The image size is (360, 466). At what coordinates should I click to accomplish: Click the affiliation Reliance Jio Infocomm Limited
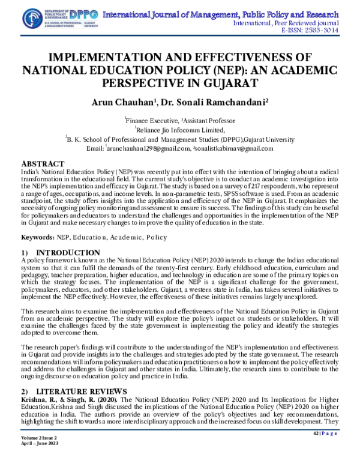point(180,129)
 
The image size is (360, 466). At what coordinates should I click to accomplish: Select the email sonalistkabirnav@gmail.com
point(235,148)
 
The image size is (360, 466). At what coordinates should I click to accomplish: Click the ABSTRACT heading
point(43,164)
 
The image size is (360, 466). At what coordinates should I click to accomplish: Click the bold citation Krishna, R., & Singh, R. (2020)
point(61,398)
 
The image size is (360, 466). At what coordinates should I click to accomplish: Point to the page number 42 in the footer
point(317,449)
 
